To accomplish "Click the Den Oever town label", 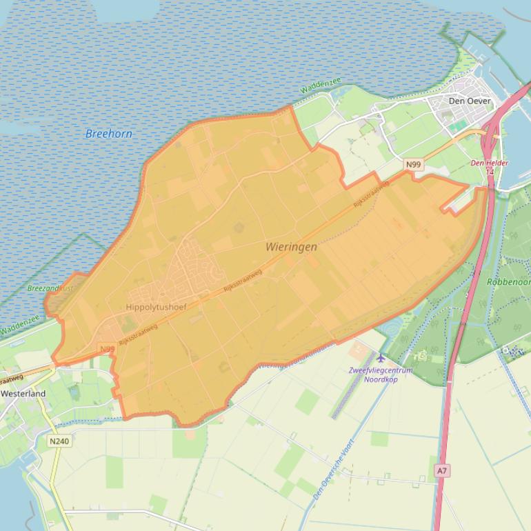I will (470, 101).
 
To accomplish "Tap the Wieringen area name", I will (291, 246).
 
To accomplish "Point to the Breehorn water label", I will (108, 134).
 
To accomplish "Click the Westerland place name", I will (23, 394).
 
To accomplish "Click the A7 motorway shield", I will (442, 470).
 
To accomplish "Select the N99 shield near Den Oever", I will (413, 164).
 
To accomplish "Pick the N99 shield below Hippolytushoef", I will (107, 349).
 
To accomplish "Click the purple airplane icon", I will (381, 358).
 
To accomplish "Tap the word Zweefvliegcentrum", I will (380, 370).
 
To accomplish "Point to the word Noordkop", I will (381, 379).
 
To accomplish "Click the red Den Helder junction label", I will (489, 163).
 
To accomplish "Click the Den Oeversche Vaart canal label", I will (333, 470).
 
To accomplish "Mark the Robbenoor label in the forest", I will (508, 282).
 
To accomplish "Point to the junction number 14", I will (490, 171).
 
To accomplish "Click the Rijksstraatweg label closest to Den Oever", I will (372, 194).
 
